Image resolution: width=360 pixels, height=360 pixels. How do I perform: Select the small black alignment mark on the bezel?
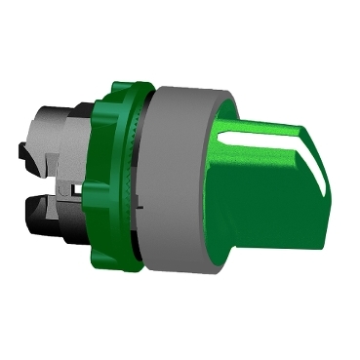(143, 208)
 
